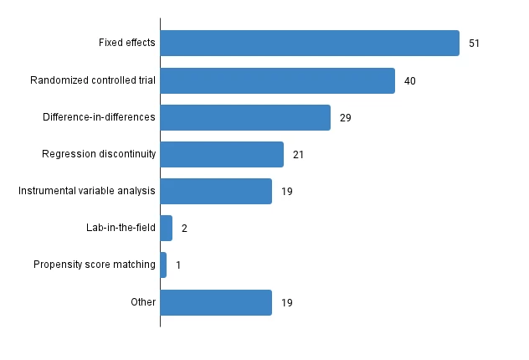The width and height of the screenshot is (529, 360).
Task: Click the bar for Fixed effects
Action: (x=310, y=44)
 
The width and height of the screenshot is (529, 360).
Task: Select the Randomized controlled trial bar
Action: (x=277, y=80)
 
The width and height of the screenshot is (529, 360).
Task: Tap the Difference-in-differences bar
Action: (x=245, y=117)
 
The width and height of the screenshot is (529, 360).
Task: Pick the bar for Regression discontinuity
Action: (x=222, y=154)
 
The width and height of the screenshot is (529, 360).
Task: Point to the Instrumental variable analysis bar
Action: (x=216, y=191)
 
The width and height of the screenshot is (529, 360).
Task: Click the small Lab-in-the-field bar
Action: (x=166, y=228)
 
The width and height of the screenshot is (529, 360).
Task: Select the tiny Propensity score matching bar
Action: (x=163, y=265)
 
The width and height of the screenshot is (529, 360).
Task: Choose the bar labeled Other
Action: (x=216, y=302)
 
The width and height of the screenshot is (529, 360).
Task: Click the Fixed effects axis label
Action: (x=126, y=44)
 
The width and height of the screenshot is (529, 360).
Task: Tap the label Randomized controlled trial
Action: (x=92, y=80)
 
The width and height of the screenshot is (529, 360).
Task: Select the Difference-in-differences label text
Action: (x=99, y=117)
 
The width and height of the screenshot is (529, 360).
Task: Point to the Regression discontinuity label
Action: (x=99, y=154)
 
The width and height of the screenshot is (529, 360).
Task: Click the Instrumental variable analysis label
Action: (x=87, y=191)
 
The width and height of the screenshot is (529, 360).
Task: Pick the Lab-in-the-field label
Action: (x=121, y=228)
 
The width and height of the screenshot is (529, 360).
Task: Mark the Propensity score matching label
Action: (x=95, y=265)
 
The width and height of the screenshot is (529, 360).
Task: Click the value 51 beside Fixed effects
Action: (x=474, y=44)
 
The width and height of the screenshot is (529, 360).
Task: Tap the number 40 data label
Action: (x=409, y=81)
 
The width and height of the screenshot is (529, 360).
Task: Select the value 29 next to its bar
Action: (x=345, y=118)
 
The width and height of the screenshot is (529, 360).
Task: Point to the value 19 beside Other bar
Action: (x=286, y=302)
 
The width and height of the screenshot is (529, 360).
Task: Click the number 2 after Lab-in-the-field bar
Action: (x=184, y=229)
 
